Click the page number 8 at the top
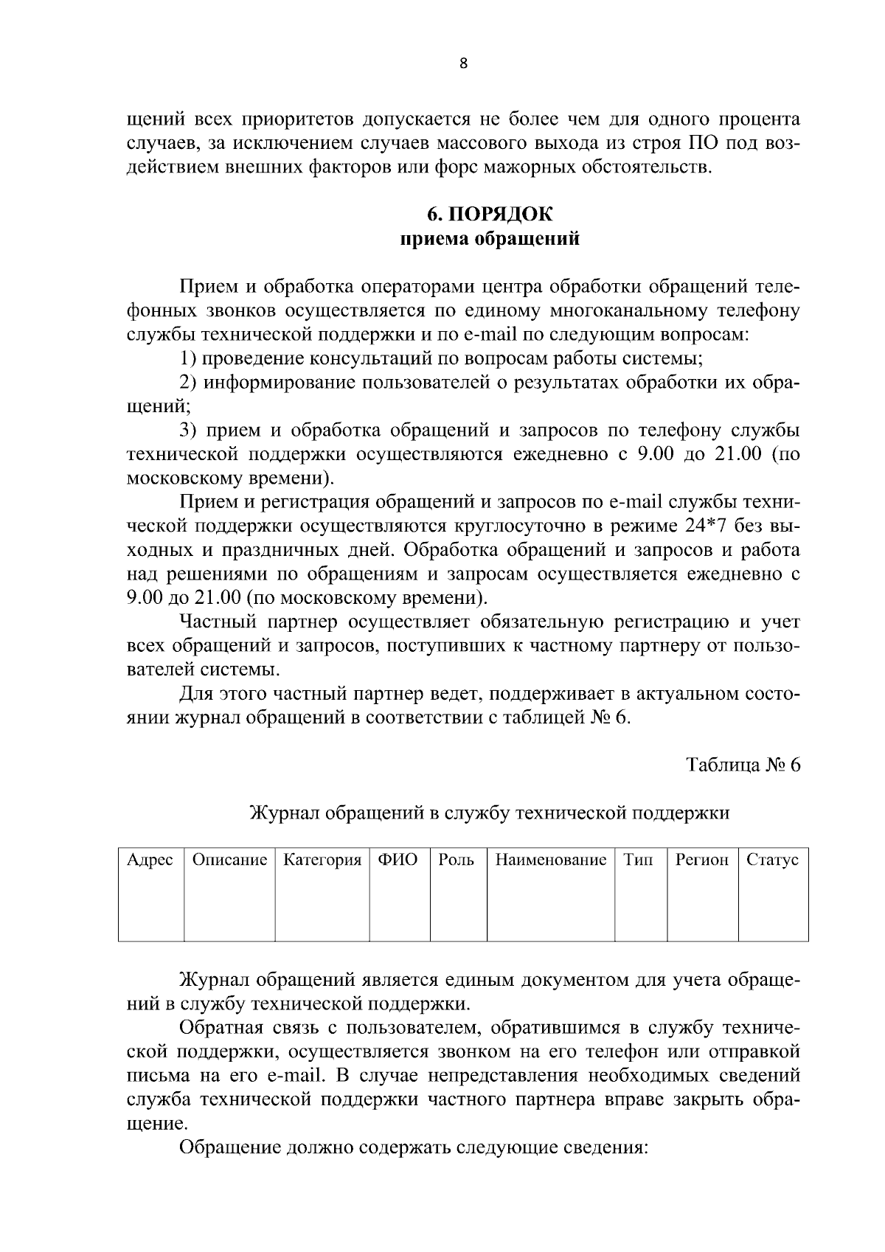tap(463, 63)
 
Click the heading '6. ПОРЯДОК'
tap(490, 215)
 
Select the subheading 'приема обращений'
tap(490, 239)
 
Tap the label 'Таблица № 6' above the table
tap(743, 765)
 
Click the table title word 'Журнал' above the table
tap(285, 813)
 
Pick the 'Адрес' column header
tap(150, 860)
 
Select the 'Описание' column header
tap(229, 860)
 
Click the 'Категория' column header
tap(322, 860)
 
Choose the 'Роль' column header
tap(457, 860)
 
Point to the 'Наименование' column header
tap(550, 860)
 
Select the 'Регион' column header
tap(702, 860)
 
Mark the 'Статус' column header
tap(772, 860)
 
